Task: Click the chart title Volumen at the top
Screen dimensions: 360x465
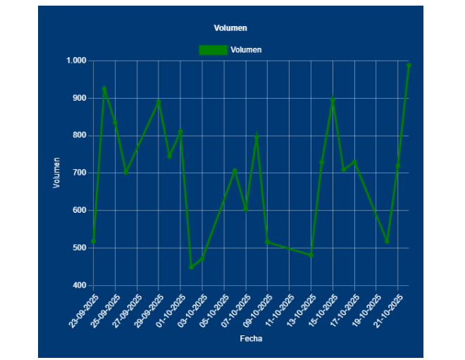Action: point(230,28)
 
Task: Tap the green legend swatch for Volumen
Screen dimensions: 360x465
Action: point(213,50)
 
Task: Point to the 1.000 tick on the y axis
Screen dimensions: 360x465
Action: point(75,61)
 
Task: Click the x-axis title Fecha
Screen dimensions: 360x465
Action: point(251,339)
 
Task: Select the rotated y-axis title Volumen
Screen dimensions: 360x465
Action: point(57,173)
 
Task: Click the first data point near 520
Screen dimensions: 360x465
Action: point(93,241)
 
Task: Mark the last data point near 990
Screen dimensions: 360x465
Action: point(409,65)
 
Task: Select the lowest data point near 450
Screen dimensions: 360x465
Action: point(191,267)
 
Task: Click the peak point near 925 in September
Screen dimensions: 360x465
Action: point(104,89)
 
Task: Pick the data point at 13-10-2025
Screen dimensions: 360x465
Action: point(311,255)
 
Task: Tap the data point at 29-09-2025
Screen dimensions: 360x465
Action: point(159,101)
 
